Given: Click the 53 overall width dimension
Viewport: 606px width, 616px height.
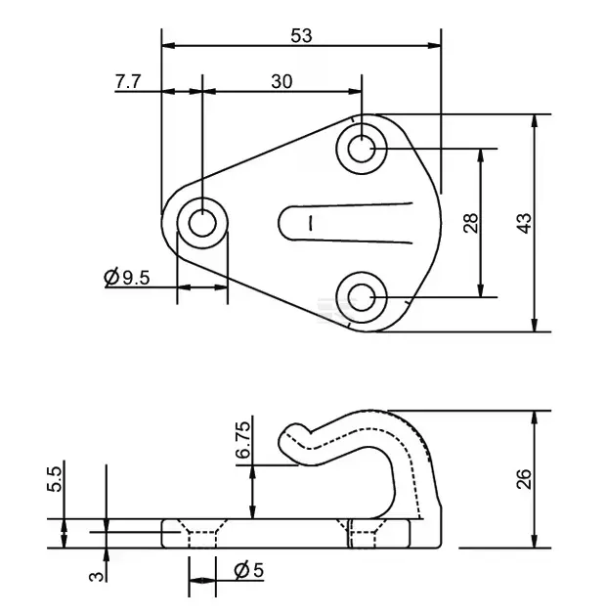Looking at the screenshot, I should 301,35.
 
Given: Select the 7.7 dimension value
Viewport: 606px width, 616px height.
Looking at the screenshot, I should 129,81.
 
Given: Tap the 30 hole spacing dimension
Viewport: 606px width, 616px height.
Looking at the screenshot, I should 281,81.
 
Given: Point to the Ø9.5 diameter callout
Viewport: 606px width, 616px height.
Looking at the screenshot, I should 126,278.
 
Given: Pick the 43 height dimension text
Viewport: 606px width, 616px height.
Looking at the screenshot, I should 525,222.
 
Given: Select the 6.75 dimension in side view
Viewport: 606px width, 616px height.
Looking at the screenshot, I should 244,441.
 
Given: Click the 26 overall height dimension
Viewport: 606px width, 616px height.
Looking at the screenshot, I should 525,478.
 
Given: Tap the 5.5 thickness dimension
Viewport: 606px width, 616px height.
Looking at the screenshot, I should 56,478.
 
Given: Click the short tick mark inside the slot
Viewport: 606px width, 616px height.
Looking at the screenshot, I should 310,222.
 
